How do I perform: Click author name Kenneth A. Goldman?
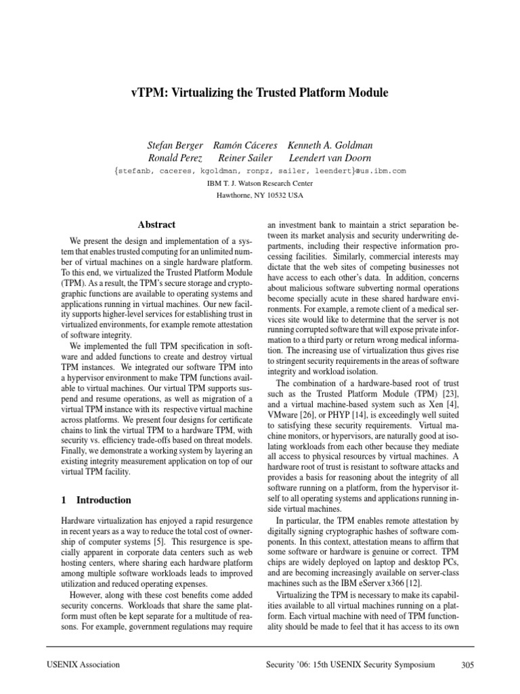coord(330,146)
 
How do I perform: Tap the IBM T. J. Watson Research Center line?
coord(259,183)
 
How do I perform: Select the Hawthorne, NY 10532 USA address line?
coord(259,195)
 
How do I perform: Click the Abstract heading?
coord(156,224)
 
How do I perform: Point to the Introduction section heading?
coord(104,500)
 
